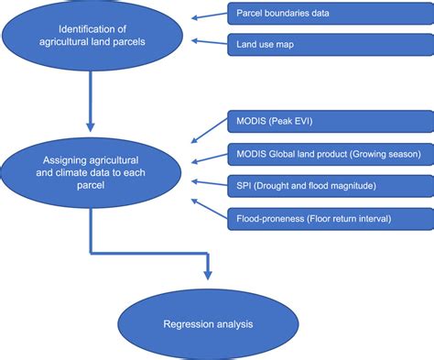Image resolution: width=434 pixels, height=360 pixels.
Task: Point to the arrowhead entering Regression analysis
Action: (209, 275)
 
